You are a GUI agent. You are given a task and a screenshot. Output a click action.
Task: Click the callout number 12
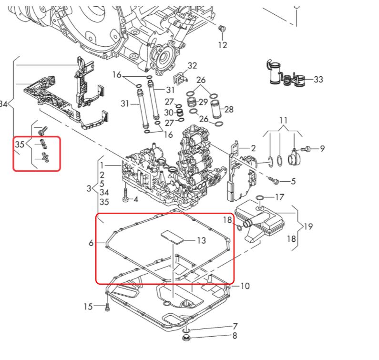pyautogui.click(x=223, y=45)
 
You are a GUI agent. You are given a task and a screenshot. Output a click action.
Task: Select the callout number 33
pyautogui.click(x=318, y=80)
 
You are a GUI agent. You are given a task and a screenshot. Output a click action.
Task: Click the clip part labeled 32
pyautogui.click(x=178, y=78)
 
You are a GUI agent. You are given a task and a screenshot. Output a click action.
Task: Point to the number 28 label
pyautogui.click(x=229, y=109)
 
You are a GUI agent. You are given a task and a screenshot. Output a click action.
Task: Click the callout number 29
pyautogui.click(x=204, y=102)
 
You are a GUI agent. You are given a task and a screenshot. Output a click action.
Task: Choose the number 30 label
pyautogui.click(x=169, y=113)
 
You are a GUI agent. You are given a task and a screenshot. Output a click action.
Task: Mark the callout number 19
pyautogui.click(x=308, y=227)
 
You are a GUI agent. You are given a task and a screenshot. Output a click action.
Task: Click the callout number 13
pyautogui.click(x=201, y=241)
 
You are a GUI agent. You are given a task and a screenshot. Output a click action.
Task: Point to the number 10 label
pyautogui.click(x=245, y=286)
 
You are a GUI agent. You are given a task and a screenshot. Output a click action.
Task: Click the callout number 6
pyautogui.click(x=91, y=243)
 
